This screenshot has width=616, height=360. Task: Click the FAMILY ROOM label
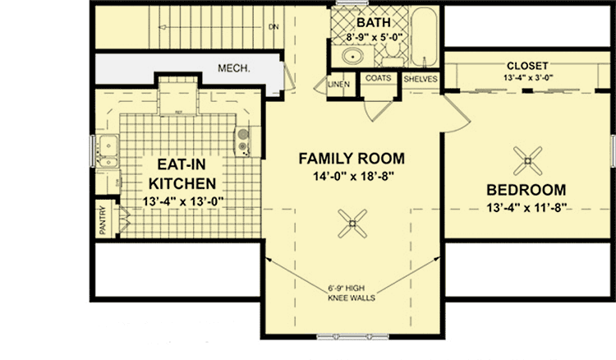tap(352, 157)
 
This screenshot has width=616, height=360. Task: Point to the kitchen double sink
tap(106, 149)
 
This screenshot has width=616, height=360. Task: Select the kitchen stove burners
tap(243, 141)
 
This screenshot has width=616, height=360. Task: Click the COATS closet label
tap(378, 79)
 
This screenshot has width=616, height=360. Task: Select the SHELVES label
tap(421, 79)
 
